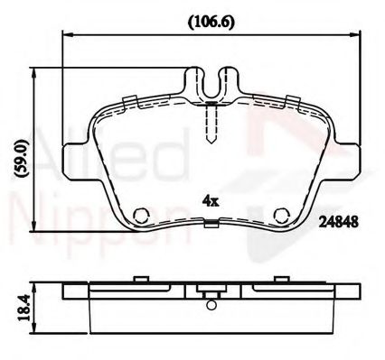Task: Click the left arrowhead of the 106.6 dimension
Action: tap(65, 33)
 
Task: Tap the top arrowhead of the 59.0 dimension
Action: tap(33, 71)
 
